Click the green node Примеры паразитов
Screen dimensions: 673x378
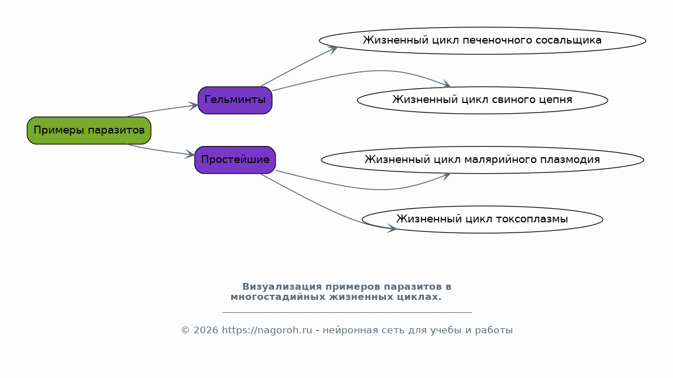[x=89, y=131]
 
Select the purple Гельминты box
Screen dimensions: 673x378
[x=235, y=100]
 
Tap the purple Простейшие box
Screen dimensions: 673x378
[x=235, y=160]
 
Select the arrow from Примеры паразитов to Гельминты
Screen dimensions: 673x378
[x=162, y=109]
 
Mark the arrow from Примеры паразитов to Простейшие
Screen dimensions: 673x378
[x=161, y=151]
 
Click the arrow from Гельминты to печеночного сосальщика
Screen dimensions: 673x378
[x=298, y=66]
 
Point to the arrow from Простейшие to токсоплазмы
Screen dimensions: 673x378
[x=326, y=207]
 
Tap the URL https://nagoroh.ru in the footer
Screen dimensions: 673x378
[x=267, y=330]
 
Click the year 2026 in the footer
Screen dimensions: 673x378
[x=205, y=330]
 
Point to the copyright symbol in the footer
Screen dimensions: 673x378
[x=186, y=330]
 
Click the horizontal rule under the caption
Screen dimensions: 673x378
[x=347, y=312]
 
